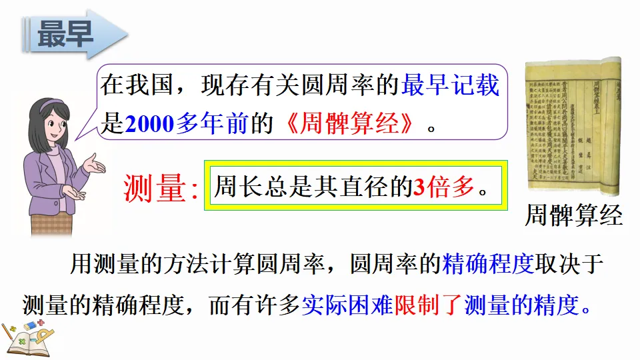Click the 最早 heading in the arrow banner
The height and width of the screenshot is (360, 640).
tap(65, 34)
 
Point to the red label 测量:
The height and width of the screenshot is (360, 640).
tap(161, 188)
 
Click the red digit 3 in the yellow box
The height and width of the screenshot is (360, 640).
tap(419, 188)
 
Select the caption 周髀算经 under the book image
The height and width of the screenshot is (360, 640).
tap(573, 215)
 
